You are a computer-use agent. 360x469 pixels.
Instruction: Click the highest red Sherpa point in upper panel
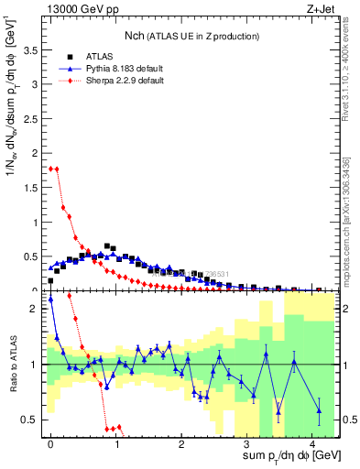pos(51,169)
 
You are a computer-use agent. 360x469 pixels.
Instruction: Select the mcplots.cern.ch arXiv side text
pos(345,220)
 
